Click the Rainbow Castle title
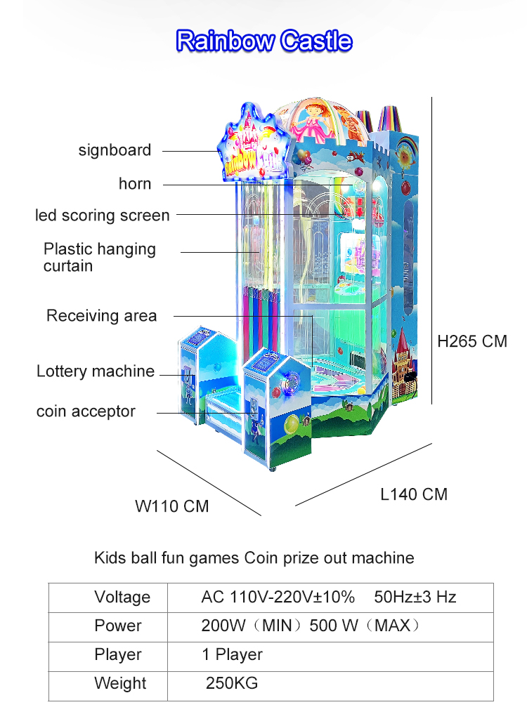[x=264, y=41]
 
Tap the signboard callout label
[x=115, y=150]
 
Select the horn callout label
[x=135, y=184]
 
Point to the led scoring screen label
[x=103, y=216]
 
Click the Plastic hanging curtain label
[x=100, y=258]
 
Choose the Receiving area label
[x=101, y=316]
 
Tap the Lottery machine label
[x=96, y=371]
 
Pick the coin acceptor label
[x=86, y=411]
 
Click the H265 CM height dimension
[x=472, y=341]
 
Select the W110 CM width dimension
[x=172, y=506]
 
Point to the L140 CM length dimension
[x=414, y=494]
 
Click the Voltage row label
[x=122, y=597]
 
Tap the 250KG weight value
[x=232, y=683]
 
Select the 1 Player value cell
[x=232, y=654]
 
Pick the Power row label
[x=118, y=626]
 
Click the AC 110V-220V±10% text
[x=278, y=597]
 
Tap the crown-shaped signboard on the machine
[x=255, y=145]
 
